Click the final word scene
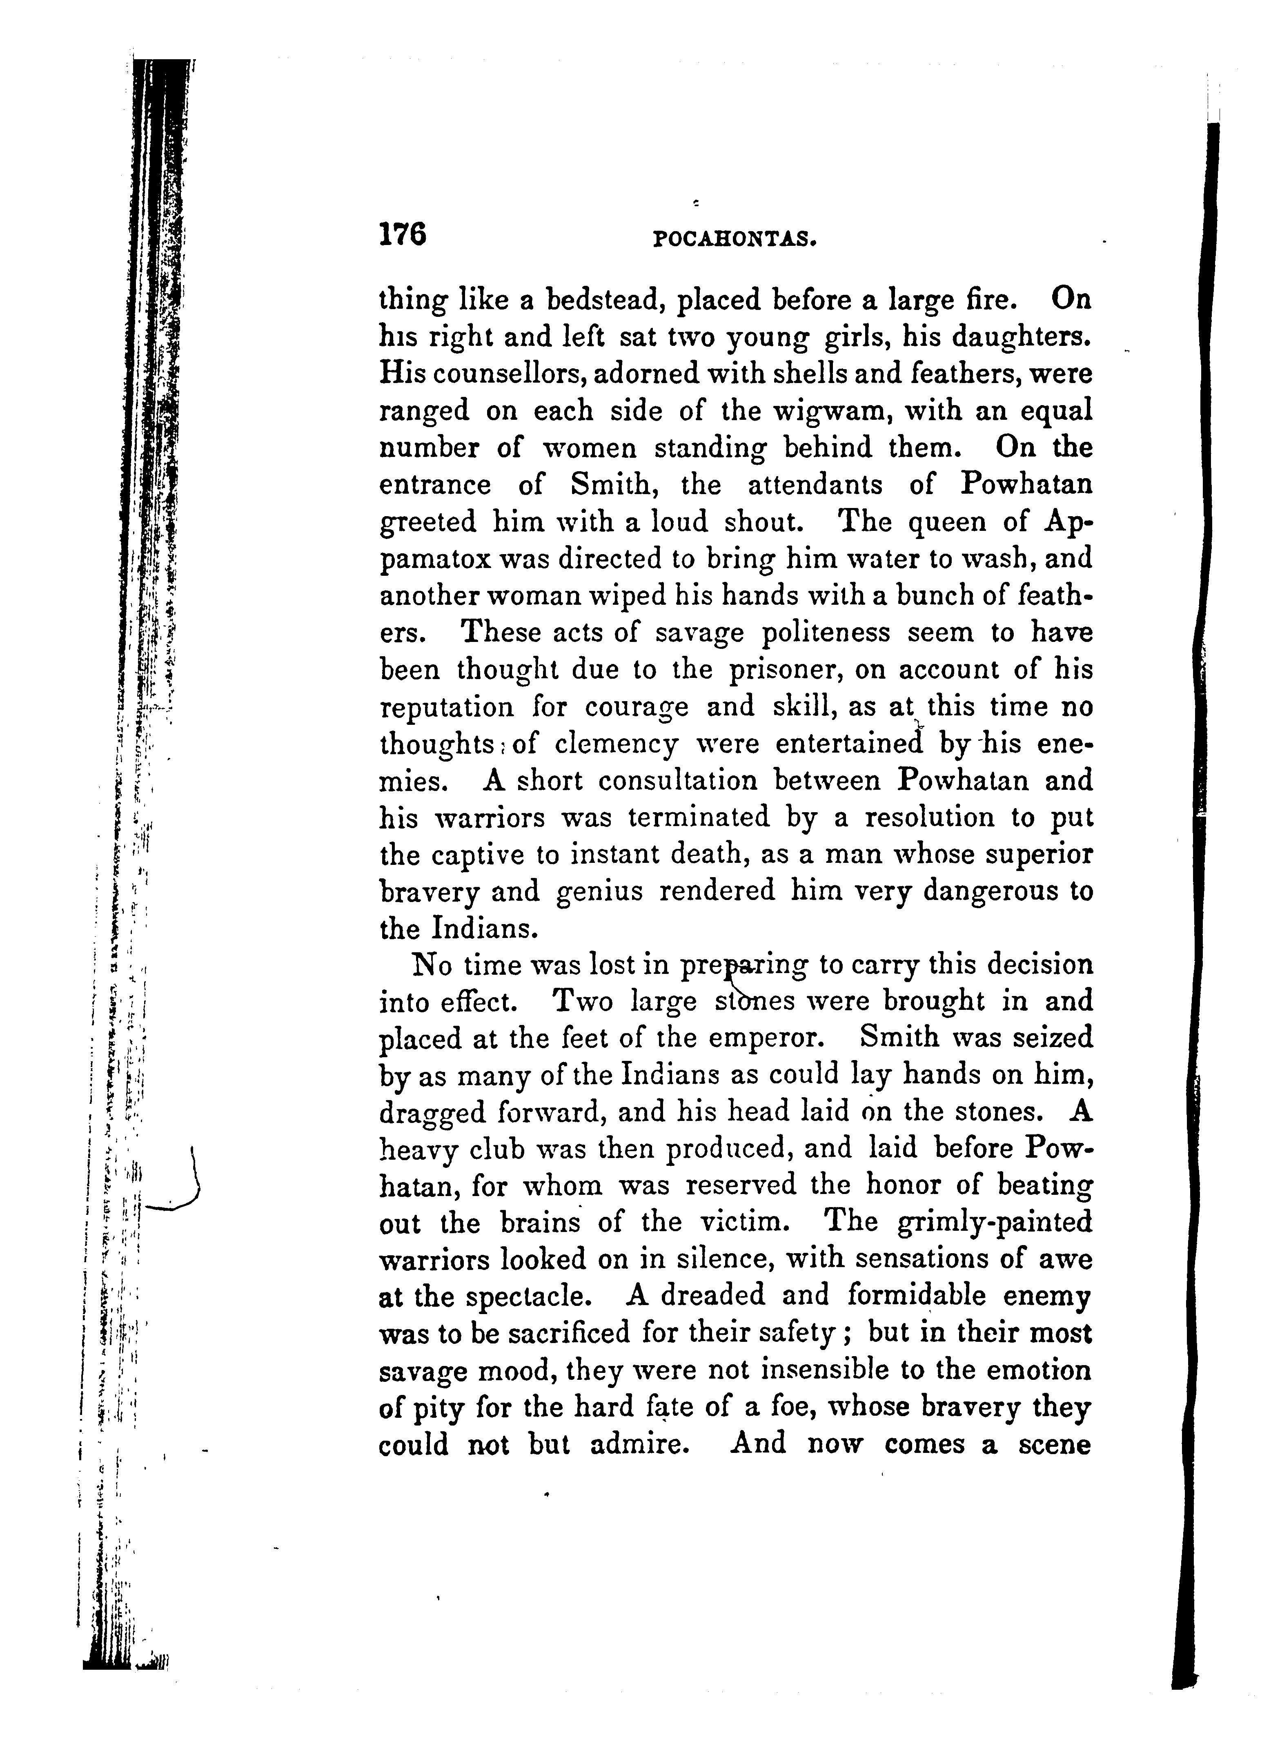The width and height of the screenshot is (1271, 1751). pos(1054,1444)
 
